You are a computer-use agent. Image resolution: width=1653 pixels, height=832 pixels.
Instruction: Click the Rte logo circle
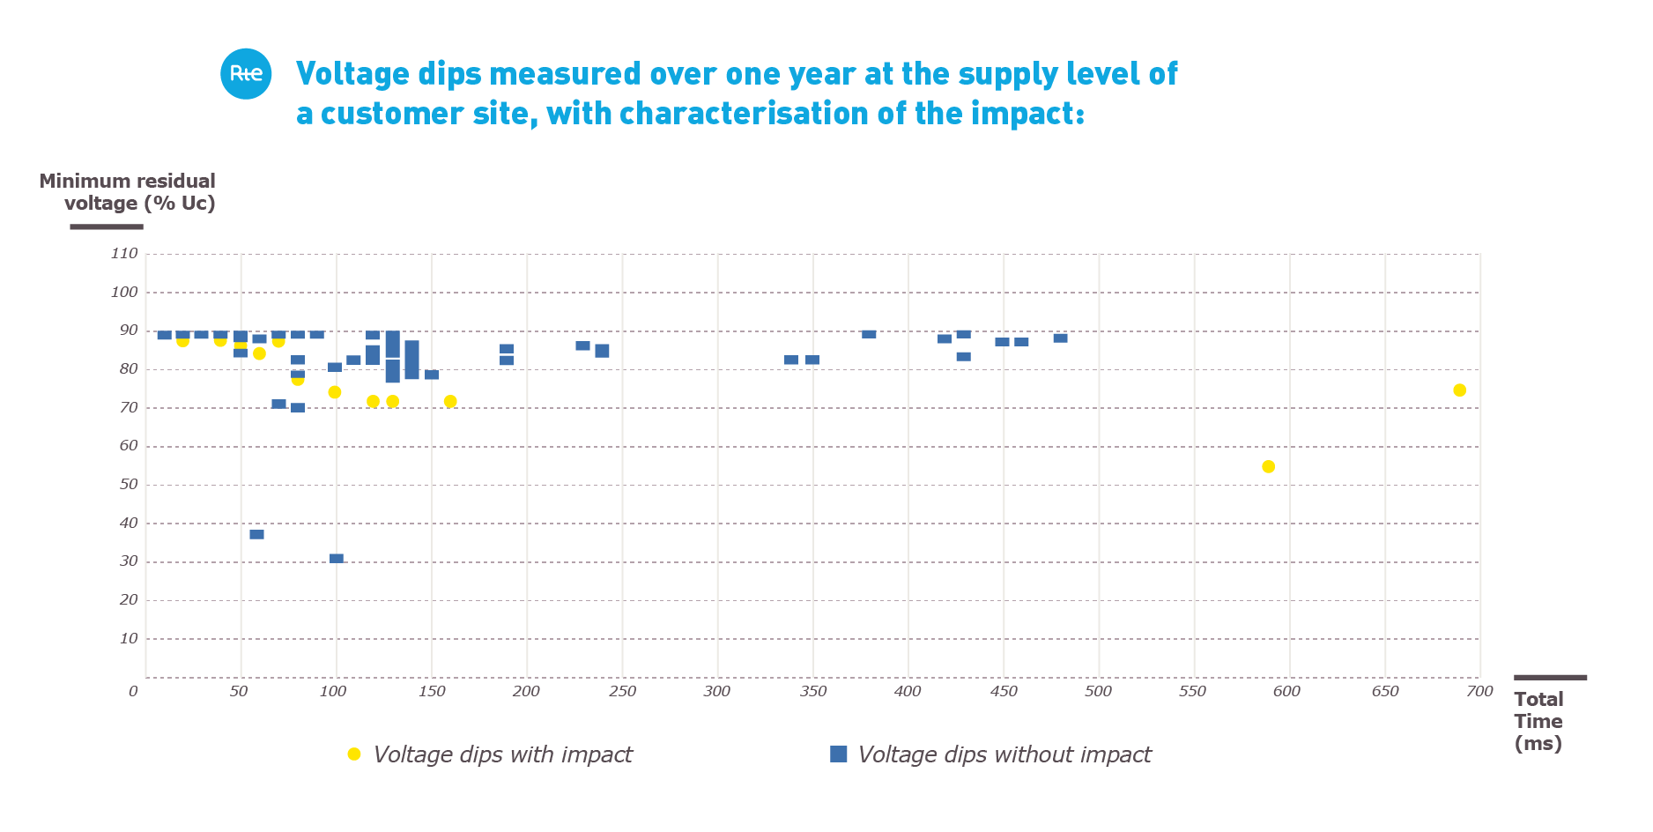click(x=246, y=74)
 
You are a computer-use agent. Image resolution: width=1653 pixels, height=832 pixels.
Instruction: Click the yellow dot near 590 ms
click(x=1268, y=466)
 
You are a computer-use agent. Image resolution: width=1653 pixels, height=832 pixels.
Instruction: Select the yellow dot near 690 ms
click(x=1459, y=390)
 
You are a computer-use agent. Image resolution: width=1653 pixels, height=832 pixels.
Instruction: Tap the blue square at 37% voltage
click(x=256, y=534)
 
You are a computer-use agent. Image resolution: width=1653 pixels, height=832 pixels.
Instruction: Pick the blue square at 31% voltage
click(x=337, y=558)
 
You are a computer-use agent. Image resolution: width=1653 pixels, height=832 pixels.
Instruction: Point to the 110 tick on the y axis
click(x=124, y=254)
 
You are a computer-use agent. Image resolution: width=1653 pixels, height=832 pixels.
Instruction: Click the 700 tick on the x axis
click(x=1479, y=691)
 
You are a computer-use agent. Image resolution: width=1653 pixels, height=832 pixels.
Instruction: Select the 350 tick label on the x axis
click(x=812, y=691)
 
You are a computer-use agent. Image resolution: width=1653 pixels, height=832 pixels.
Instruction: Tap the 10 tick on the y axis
click(x=129, y=638)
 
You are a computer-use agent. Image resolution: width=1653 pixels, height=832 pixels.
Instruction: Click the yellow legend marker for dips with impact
click(x=354, y=754)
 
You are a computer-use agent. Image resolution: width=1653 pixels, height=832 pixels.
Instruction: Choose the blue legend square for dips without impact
click(x=839, y=754)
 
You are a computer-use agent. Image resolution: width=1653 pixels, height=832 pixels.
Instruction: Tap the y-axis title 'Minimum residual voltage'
click(x=128, y=192)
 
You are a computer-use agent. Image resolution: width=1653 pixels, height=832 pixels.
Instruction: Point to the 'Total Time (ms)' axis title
click(x=1538, y=721)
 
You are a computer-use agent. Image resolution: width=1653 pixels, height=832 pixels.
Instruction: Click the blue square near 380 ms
click(x=869, y=334)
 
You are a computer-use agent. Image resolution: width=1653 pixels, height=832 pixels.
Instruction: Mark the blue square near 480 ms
click(x=1060, y=338)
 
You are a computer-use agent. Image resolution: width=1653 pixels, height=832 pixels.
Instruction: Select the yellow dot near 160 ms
click(x=450, y=401)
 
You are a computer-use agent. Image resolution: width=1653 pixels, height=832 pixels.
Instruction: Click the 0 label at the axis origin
click(x=133, y=691)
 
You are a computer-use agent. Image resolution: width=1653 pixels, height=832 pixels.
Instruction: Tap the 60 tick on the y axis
click(x=129, y=446)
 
